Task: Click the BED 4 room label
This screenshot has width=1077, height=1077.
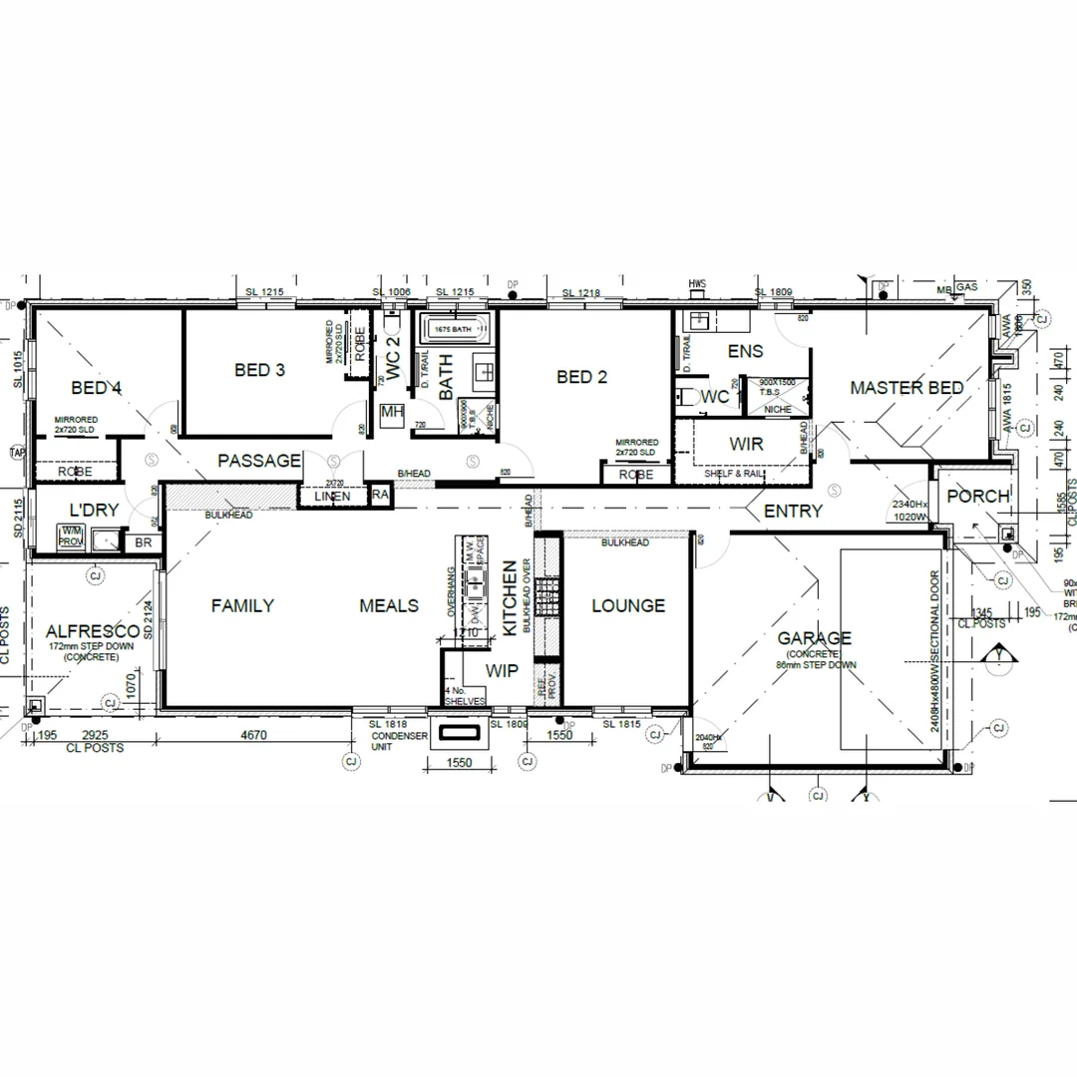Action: click(x=97, y=388)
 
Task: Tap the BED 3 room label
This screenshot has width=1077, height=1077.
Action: click(x=259, y=370)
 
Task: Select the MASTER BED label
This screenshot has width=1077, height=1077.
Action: click(x=906, y=388)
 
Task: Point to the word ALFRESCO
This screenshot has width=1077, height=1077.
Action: click(x=93, y=631)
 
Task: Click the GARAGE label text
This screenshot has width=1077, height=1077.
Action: click(x=815, y=638)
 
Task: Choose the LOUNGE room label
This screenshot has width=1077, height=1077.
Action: click(x=628, y=605)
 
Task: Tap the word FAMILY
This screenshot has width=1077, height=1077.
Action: click(x=242, y=605)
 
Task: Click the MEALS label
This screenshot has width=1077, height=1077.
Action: click(x=389, y=605)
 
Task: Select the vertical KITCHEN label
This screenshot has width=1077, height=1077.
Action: click(x=510, y=598)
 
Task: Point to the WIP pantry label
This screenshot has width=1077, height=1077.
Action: click(x=502, y=671)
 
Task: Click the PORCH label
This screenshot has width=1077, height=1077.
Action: click(x=978, y=497)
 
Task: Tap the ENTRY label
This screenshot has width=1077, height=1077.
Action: click(x=793, y=512)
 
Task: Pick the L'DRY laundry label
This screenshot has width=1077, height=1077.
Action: click(x=94, y=510)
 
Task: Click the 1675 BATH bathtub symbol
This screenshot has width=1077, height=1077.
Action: click(x=454, y=328)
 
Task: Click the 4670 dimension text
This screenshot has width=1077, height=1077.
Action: click(x=255, y=736)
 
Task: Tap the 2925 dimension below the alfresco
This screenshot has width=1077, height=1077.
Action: click(x=95, y=736)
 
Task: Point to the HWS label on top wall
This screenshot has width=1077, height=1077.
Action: click(x=696, y=285)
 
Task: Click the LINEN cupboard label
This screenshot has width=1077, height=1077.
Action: click(x=331, y=497)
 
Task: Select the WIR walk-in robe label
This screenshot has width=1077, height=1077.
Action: click(x=746, y=444)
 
